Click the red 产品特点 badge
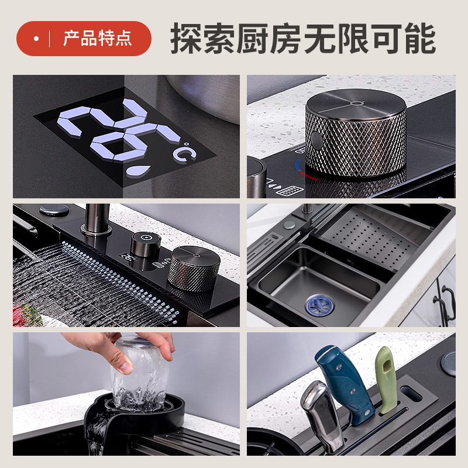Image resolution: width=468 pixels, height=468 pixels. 84,39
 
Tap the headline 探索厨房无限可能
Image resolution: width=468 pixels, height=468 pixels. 303,39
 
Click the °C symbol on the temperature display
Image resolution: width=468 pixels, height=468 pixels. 185,152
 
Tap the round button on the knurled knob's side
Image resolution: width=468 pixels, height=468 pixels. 316,140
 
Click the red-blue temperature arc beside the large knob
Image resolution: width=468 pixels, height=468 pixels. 304,170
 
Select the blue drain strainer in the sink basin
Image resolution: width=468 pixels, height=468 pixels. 319,305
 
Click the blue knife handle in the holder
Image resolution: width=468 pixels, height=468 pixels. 345,384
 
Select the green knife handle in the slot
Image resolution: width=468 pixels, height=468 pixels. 386,379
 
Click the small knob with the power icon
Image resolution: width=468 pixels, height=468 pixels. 146,244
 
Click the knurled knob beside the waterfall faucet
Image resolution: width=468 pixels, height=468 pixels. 194,269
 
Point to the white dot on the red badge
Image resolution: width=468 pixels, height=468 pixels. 36,39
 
